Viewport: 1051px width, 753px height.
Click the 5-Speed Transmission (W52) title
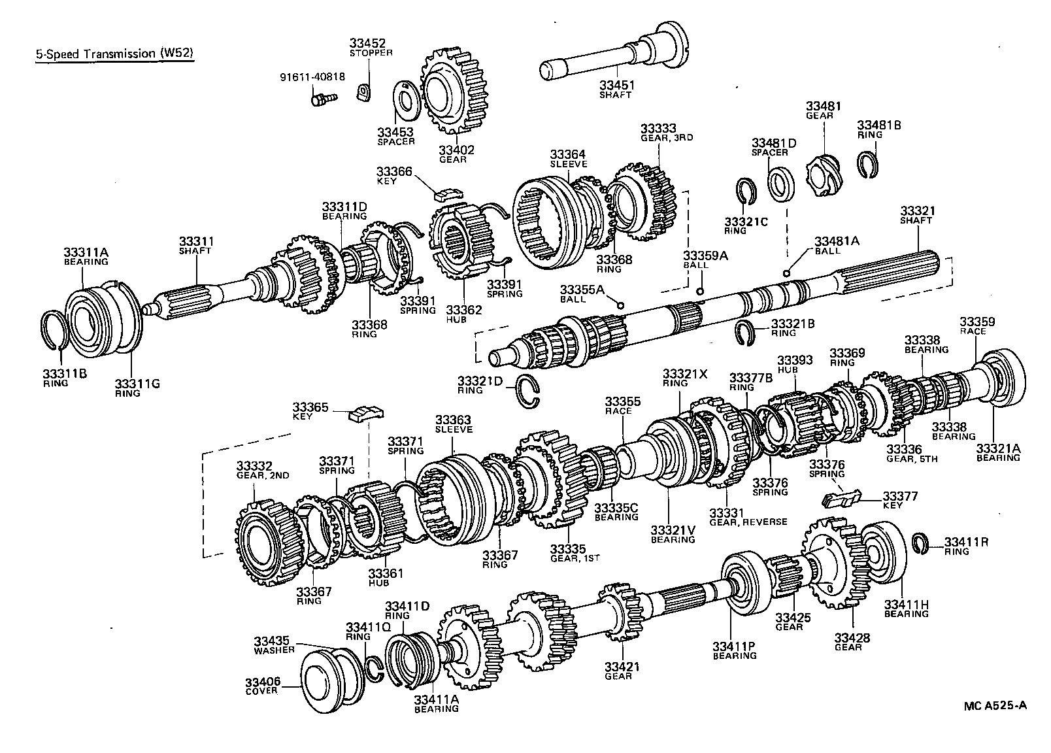115,54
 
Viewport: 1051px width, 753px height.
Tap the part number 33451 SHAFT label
617,89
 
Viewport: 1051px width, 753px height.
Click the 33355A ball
620,305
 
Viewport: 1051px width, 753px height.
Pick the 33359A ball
700,292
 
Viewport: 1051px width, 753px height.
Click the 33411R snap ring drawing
920,542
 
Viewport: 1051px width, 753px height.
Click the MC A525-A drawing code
995,706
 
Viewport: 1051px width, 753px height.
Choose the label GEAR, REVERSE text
748,522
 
